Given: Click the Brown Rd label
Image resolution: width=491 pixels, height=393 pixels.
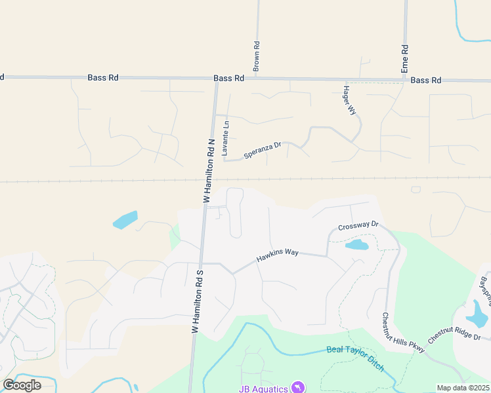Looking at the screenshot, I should (x=257, y=56).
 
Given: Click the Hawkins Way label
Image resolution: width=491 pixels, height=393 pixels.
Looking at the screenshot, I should (x=277, y=255).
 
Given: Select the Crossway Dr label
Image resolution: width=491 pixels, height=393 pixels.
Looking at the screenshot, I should (x=358, y=226).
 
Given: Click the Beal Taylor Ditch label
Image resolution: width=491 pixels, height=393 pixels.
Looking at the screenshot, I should (x=355, y=358).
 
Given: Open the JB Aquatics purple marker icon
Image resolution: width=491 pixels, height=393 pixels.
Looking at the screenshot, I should (x=298, y=388).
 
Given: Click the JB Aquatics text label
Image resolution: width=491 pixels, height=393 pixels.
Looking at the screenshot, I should (x=263, y=388).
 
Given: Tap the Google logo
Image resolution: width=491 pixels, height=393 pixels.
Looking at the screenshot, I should (x=22, y=385).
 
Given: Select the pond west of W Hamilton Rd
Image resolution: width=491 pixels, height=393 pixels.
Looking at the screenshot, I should (x=125, y=220).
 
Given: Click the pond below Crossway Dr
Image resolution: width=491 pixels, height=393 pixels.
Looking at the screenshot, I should (x=356, y=245).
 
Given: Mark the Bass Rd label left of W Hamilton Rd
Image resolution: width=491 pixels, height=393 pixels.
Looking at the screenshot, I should (x=103, y=77).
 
